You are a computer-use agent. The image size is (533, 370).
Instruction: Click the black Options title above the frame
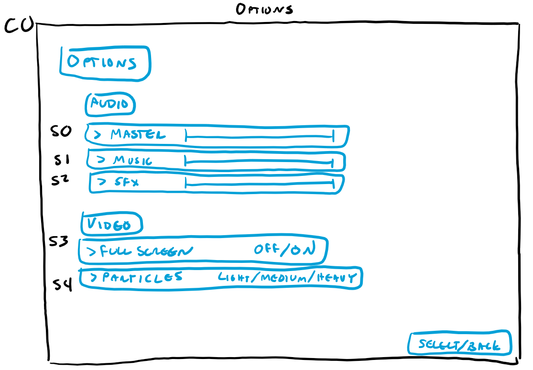pyautogui.click(x=264, y=9)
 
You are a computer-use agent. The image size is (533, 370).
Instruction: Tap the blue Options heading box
pyautogui.click(x=105, y=63)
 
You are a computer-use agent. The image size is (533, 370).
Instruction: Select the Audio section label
pyautogui.click(x=110, y=104)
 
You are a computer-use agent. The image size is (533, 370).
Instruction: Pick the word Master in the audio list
pyautogui.click(x=138, y=135)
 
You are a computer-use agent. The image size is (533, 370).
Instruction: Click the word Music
pyautogui.click(x=132, y=161)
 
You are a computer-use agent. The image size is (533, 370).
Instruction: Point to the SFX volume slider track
pyautogui.click(x=258, y=184)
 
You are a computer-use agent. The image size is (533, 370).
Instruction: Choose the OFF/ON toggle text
pyautogui.click(x=284, y=250)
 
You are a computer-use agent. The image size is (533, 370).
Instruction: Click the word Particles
pyautogui.click(x=142, y=277)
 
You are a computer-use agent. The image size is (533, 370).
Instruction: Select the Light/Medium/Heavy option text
pyautogui.click(x=288, y=278)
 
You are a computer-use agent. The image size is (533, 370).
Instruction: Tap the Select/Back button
pyautogui.click(x=459, y=345)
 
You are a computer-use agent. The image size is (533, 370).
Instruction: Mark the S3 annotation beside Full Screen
pyautogui.click(x=59, y=242)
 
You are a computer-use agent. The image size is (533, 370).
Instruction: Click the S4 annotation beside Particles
pyautogui.click(x=62, y=285)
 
